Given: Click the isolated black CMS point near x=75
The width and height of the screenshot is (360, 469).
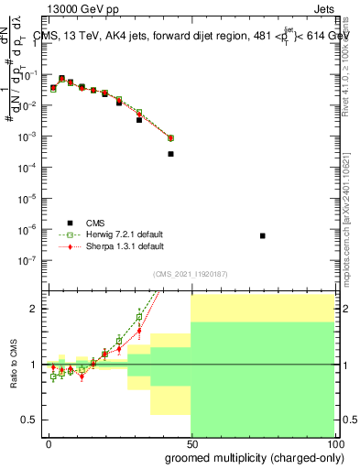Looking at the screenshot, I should click(263, 235).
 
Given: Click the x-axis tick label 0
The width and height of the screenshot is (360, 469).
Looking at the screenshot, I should click(49, 443).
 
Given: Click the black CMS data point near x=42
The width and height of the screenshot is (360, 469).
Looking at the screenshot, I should click(170, 154).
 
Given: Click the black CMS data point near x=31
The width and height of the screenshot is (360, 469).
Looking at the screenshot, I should click(139, 120).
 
